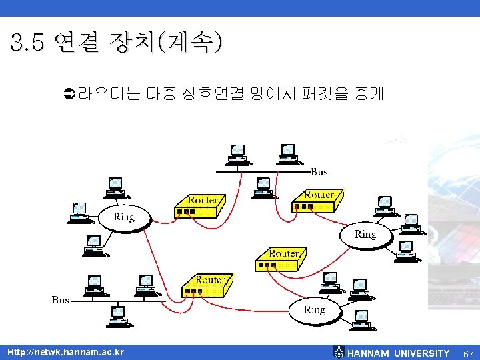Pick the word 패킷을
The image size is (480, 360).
pos(323,94)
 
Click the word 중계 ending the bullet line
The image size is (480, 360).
pos(369,94)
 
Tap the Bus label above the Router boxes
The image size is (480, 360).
pos(319,172)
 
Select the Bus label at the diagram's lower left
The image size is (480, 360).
pos(61,300)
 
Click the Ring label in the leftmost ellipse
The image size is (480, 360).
pos(124,217)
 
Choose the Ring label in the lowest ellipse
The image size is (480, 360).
pos(315,310)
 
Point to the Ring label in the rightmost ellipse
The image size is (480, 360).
pos(365,234)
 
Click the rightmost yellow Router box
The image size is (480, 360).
pos(317,200)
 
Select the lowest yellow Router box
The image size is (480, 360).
pos(208,286)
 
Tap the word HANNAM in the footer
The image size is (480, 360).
pos(369,353)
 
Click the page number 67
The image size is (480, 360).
pos(468,353)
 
